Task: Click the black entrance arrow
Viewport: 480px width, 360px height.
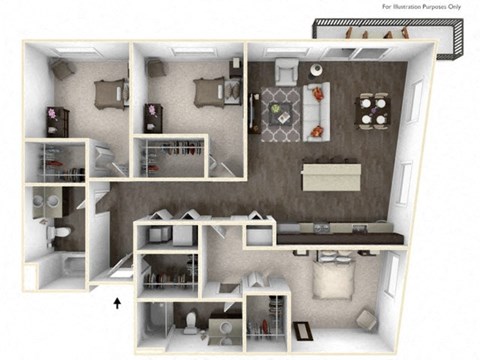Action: [x=118, y=301]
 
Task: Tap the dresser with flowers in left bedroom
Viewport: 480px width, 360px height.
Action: [x=53, y=120]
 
